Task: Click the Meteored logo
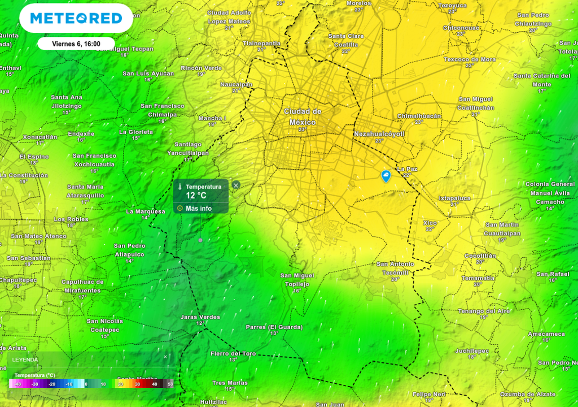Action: (x=76, y=18)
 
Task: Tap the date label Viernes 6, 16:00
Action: (x=76, y=44)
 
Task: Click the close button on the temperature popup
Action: (x=236, y=185)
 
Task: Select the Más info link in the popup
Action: (x=198, y=208)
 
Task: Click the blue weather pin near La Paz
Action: (x=386, y=176)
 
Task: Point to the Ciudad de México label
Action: (x=303, y=117)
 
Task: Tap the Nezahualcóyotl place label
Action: (x=379, y=134)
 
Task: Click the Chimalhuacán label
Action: (x=419, y=116)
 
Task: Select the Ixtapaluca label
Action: (x=454, y=198)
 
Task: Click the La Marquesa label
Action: (x=145, y=211)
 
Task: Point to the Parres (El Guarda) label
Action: (x=274, y=327)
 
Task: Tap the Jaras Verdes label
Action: (x=200, y=317)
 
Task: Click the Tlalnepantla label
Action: (x=261, y=43)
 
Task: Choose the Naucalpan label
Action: (x=236, y=84)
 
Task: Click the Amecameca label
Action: (x=546, y=334)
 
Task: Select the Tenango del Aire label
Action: (x=483, y=311)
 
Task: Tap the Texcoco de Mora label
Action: (x=469, y=59)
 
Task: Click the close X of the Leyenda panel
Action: (x=165, y=357)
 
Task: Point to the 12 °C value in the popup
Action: (x=196, y=196)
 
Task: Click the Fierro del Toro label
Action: (x=233, y=354)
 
